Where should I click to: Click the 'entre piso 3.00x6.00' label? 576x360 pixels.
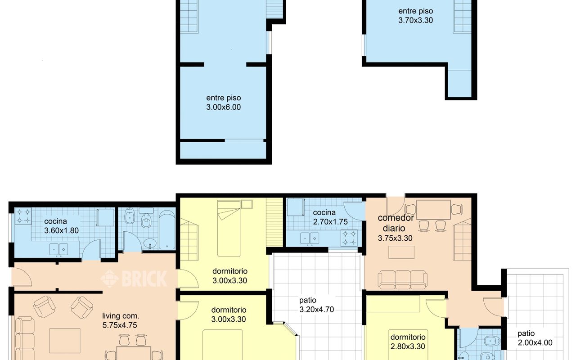pyautogui.click(x=224, y=102)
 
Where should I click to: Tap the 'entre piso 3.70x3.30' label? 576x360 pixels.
pyautogui.click(x=415, y=16)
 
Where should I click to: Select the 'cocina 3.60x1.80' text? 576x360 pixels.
pyautogui.click(x=61, y=226)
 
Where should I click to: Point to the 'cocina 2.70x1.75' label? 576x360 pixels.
pyautogui.click(x=330, y=217)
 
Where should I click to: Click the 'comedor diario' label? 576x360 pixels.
pyautogui.click(x=396, y=223)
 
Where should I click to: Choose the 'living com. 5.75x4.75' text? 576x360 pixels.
pyautogui.click(x=120, y=320)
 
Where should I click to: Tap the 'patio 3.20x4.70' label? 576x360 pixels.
pyautogui.click(x=316, y=305)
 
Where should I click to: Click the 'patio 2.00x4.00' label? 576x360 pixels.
pyautogui.click(x=535, y=338)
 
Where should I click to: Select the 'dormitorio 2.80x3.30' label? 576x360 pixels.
pyautogui.click(x=408, y=342)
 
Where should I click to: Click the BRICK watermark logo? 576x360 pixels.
pyautogui.click(x=134, y=279)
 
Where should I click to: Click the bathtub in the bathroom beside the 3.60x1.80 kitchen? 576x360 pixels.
pyautogui.click(x=167, y=230)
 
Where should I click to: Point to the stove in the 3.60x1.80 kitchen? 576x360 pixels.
pyautogui.click(x=23, y=216)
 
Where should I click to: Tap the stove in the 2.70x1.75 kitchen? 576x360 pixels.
pyautogui.click(x=349, y=238)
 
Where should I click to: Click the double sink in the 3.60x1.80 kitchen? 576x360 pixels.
pyautogui.click(x=58, y=249)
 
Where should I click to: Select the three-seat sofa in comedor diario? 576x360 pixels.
pyautogui.click(x=402, y=279)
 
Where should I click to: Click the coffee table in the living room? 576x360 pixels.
pyautogui.click(x=65, y=341)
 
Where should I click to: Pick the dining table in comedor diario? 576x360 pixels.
pyautogui.click(x=433, y=210)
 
